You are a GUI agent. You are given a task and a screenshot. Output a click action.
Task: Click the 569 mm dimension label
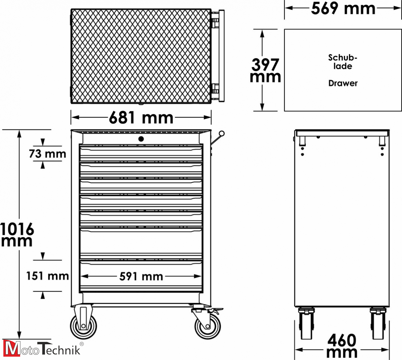(x=343, y=8)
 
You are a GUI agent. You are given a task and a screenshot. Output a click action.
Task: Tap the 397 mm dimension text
(x=265, y=70)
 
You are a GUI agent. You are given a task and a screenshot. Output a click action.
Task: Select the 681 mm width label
(x=141, y=118)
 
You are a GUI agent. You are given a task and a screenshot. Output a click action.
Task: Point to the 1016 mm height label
(x=17, y=235)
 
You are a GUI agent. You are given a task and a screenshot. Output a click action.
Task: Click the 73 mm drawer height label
(x=48, y=154)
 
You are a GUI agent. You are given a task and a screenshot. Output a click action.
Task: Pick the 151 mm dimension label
(x=48, y=276)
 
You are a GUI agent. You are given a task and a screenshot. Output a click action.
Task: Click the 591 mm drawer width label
(x=141, y=277)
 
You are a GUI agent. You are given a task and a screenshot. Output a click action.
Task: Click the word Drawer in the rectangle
(x=343, y=83)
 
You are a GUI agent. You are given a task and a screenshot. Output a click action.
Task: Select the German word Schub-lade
(x=343, y=62)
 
